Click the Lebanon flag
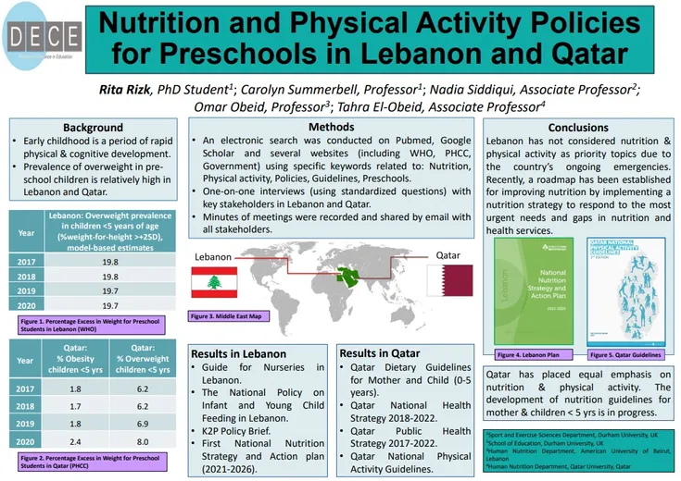point(208,282)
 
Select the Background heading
point(93,128)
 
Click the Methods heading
point(332,127)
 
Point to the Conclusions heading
point(578,128)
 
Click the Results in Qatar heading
point(380,352)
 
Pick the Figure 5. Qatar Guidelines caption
point(625,354)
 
